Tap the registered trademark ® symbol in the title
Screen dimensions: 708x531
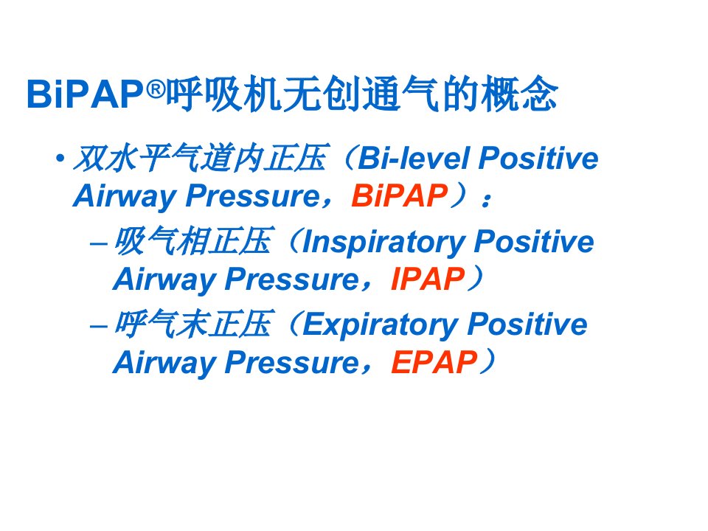(156, 89)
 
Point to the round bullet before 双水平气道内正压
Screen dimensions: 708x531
(60, 158)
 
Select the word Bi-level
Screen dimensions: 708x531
(414, 159)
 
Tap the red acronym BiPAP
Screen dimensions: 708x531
(400, 196)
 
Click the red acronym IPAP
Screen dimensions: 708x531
(428, 279)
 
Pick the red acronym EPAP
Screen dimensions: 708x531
(434, 362)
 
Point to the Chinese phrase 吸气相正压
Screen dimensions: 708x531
(193, 241)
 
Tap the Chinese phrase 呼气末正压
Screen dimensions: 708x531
(193, 324)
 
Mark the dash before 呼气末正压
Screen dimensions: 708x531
(98, 327)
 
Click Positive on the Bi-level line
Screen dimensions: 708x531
(538, 159)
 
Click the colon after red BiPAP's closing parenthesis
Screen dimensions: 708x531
(486, 199)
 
